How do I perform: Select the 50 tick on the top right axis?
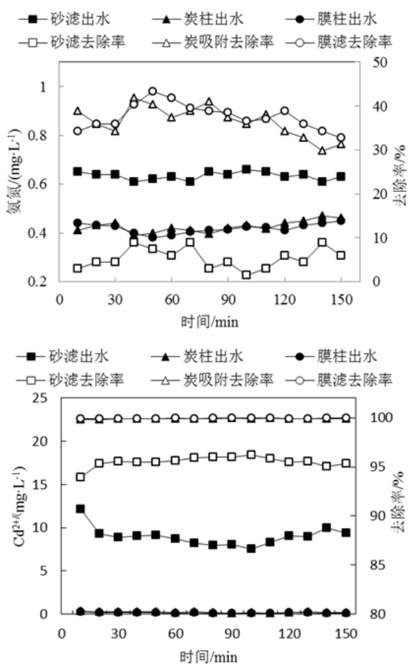pyautogui.click(x=379, y=63)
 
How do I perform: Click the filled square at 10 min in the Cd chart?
pyautogui.click(x=80, y=508)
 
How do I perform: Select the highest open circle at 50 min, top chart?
pyautogui.click(x=153, y=92)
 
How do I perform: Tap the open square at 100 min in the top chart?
pyautogui.click(x=246, y=275)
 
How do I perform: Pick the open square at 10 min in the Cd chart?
pyautogui.click(x=80, y=477)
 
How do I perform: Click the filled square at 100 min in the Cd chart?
pyautogui.click(x=251, y=548)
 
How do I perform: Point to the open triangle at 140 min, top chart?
pyautogui.click(x=322, y=151)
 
